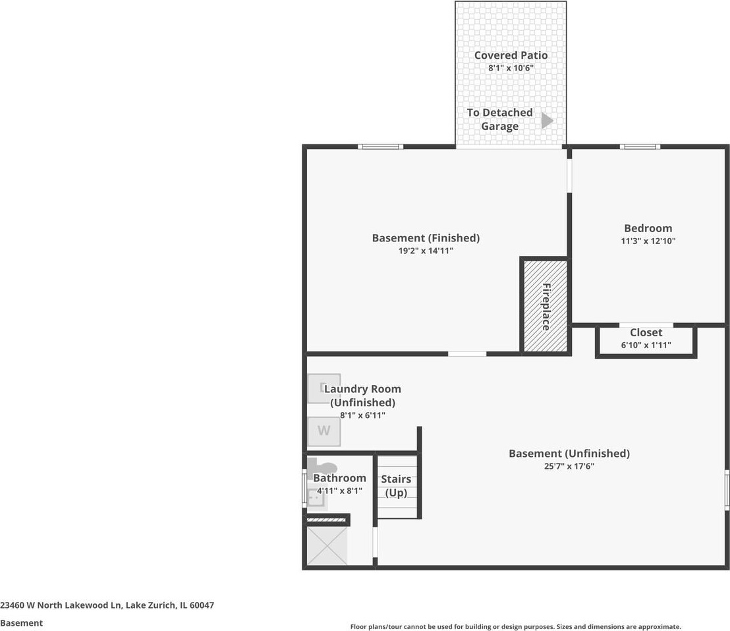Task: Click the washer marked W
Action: pos(324,431)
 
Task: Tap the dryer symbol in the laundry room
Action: pos(324,388)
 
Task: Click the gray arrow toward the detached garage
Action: pos(547,120)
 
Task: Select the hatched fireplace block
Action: pos(546,306)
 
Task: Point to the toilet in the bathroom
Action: pos(322,467)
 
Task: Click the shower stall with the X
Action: pos(327,546)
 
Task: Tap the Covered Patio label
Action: pos(511,55)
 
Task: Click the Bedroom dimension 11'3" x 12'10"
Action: pos(648,241)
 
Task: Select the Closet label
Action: pos(646,332)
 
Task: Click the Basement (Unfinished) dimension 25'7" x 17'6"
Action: pos(569,466)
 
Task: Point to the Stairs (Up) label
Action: pos(396,485)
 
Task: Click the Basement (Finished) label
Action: pos(426,238)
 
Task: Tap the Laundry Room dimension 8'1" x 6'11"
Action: pos(362,415)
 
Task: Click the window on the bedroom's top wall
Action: pos(640,147)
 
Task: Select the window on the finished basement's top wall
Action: pos(380,147)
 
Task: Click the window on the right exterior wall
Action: pos(727,490)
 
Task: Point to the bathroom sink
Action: pos(317,498)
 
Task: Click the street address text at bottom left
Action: pos(107,605)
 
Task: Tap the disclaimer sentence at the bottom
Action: pos(515,627)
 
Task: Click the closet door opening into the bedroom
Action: pos(646,325)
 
